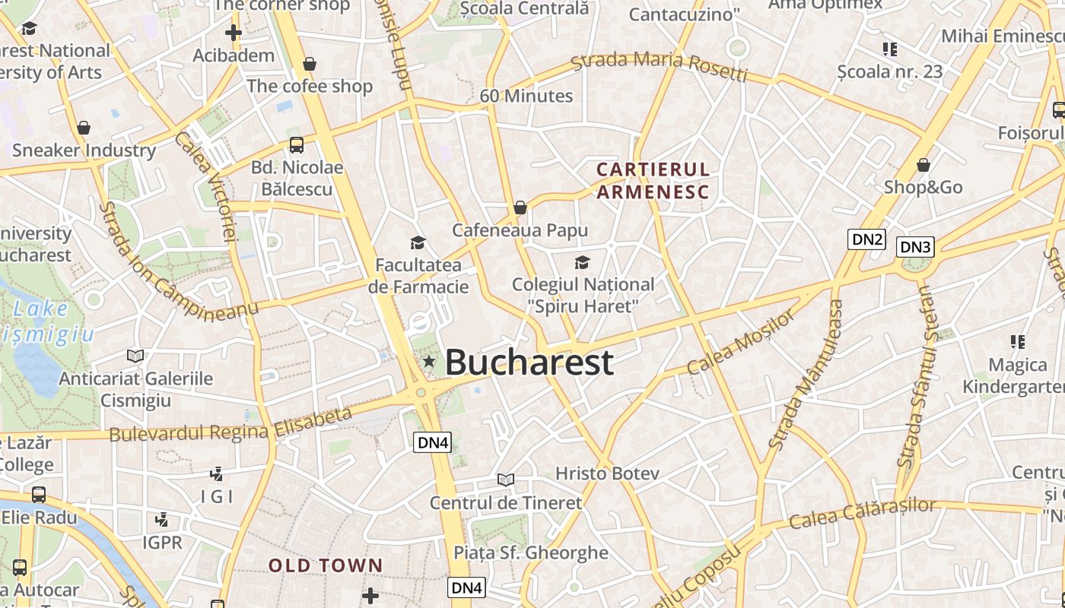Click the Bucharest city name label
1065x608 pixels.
[x=529, y=363]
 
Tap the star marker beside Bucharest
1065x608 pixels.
[x=429, y=361]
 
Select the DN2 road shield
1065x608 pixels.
[x=867, y=239]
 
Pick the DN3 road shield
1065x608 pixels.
[x=915, y=247]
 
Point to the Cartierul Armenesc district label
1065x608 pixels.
[x=653, y=180]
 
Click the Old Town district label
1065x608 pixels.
[x=325, y=565]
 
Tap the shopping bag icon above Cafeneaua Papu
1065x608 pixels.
[x=520, y=207]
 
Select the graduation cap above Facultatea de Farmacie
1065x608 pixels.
[x=418, y=242]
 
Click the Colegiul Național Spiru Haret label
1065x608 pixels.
[x=583, y=295]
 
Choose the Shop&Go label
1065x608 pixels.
[x=923, y=187]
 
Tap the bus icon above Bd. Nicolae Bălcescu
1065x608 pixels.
[x=297, y=144]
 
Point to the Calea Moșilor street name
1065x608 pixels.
[x=741, y=343]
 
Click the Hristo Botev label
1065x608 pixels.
[x=607, y=473]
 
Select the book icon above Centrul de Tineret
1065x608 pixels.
[x=506, y=480]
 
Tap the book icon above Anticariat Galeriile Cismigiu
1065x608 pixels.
[x=135, y=355]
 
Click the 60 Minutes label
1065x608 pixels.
[x=526, y=96]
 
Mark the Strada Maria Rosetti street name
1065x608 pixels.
[x=659, y=65]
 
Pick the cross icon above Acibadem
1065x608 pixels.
[x=234, y=33]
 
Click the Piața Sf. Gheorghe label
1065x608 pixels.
[x=531, y=553]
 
